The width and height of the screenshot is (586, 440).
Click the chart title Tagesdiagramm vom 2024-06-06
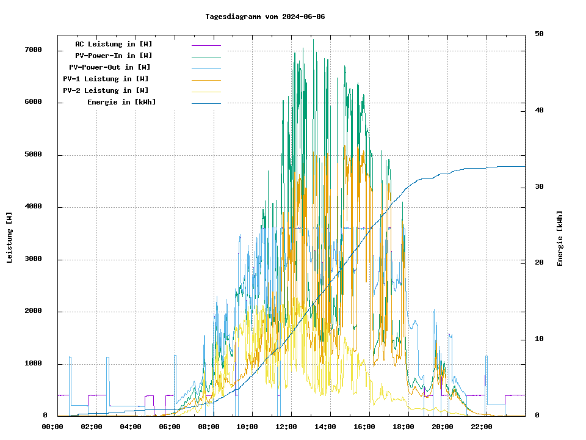click(265, 16)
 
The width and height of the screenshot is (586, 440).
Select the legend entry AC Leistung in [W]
click(114, 44)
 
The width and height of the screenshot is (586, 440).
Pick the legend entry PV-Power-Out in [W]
click(110, 67)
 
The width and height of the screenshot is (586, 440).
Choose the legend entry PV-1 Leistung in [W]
click(106, 79)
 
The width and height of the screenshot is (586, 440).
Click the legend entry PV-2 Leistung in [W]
click(106, 90)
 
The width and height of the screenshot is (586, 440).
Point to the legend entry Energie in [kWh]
click(121, 102)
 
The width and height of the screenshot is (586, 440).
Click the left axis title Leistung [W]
click(9, 237)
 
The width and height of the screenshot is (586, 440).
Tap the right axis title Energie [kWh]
click(560, 238)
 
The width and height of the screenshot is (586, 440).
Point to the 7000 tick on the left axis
click(33, 50)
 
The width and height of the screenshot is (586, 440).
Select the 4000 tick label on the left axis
click(33, 207)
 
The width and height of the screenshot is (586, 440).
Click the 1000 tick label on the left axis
click(33, 364)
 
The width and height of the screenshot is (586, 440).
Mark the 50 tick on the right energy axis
click(539, 34)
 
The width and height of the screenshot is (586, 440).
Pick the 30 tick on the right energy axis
click(539, 187)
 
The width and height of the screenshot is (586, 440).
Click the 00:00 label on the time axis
click(52, 427)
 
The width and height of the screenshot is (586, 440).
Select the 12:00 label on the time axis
click(286, 427)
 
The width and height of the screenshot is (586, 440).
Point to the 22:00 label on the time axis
click(482, 427)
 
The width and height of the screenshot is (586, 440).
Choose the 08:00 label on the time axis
click(209, 427)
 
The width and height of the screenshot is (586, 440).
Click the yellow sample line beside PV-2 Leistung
click(206, 91)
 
